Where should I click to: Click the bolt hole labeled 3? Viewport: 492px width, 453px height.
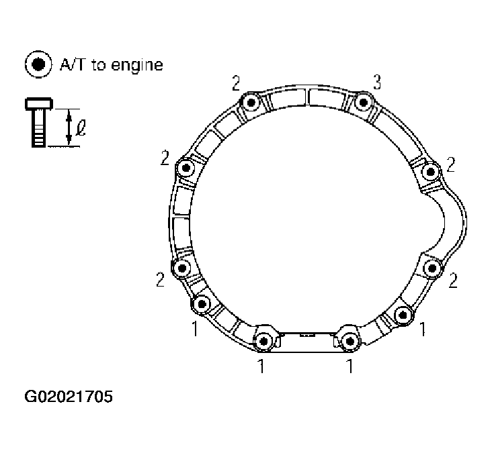363,103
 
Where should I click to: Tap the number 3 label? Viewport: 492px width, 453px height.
377,83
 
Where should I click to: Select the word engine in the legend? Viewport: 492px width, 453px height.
138,65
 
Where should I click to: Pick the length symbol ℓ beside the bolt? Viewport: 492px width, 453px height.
81,127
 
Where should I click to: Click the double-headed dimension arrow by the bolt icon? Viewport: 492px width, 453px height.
68,127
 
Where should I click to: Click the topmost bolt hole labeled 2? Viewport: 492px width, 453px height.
251,103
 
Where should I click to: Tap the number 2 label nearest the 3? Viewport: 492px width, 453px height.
236,83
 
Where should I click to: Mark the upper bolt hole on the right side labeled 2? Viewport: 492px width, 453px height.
429,172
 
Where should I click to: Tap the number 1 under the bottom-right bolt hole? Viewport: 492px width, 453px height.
349,366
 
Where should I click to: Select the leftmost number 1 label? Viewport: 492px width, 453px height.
194,331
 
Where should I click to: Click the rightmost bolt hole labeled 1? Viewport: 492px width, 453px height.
402,313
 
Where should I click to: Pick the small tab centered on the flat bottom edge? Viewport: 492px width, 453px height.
306,334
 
